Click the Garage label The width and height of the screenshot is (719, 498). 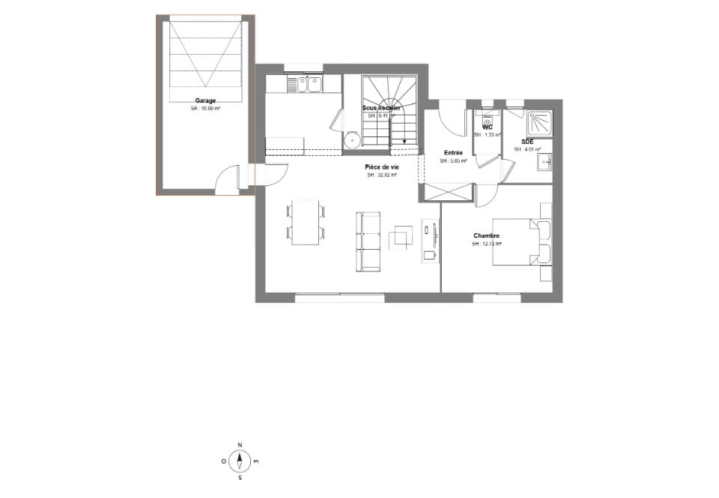point(205,100)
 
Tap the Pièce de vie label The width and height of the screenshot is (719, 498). point(381,167)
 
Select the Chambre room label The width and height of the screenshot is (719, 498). point(486,235)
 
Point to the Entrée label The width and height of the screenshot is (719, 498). point(453,153)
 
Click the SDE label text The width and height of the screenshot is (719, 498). point(527,141)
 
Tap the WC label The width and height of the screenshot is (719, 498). point(488,127)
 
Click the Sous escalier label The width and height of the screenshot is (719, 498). point(381,108)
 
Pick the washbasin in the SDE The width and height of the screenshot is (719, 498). point(547,160)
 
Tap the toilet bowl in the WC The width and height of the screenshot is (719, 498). point(488,118)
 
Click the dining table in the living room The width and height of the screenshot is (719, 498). point(306,221)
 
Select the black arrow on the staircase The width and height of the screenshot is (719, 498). point(404,141)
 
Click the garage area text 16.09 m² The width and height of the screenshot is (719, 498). point(205,109)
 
